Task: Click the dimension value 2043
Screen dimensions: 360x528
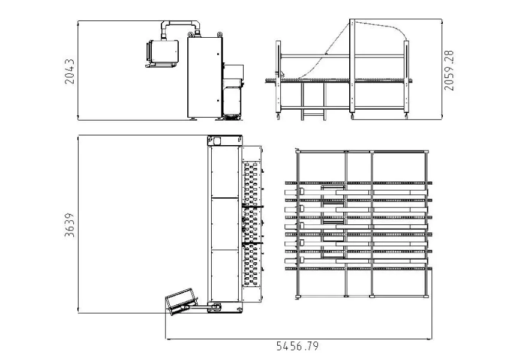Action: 70,71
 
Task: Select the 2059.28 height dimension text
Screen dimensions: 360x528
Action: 449,70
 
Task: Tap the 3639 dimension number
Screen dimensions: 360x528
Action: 70,224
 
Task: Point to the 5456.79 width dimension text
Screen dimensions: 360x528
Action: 297,347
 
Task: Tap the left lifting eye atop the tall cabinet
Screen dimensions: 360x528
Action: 190,35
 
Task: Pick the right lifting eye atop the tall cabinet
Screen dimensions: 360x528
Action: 220,35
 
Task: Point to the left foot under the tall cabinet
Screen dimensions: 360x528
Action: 193,118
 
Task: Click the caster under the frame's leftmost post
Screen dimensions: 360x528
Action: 278,116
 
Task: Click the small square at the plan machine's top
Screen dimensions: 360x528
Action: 217,141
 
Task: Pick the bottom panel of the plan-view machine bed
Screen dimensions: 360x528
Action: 225,275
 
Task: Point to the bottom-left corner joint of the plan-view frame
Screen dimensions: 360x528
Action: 298,296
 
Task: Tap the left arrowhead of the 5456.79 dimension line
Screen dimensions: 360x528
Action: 167,340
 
